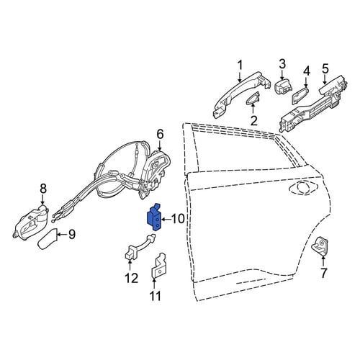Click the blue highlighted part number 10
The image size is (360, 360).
154,217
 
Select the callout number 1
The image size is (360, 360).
240,66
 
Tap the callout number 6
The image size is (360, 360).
160,135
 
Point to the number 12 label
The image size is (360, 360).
131,279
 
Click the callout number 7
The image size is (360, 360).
324,273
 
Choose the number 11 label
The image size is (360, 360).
155,296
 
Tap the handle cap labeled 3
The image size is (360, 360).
284,87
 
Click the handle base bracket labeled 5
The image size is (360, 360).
313,104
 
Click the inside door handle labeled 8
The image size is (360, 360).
30,222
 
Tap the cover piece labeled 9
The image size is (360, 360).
48,240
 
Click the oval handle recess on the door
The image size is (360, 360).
304,186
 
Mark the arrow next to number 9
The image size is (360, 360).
62,235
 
